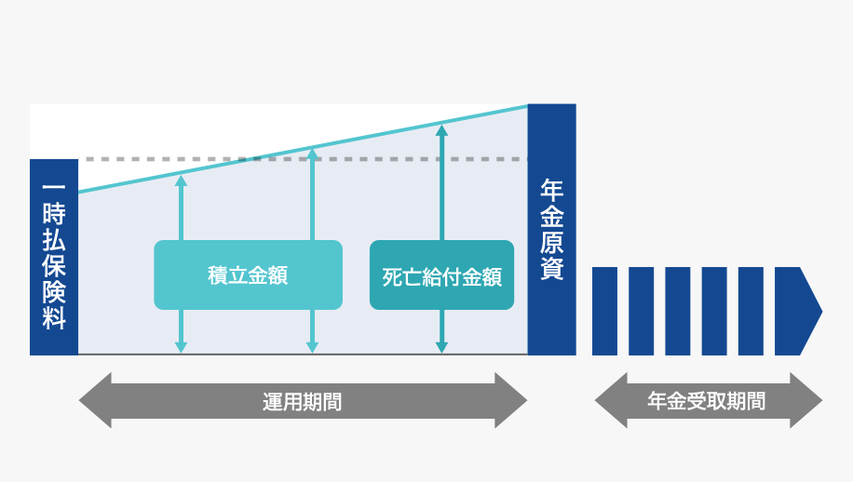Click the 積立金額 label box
tap(248, 275)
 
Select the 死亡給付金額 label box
tap(441, 275)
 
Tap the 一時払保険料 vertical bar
tap(54, 257)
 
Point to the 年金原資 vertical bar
tap(551, 229)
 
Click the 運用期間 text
tap(302, 402)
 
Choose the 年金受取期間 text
tap(707, 402)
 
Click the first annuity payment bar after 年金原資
tap(604, 311)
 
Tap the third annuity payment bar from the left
tap(678, 311)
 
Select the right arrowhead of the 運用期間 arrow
tap(511, 401)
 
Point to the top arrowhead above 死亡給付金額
tap(441, 130)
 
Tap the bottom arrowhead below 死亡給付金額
tap(441, 347)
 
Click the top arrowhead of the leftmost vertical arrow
tap(181, 180)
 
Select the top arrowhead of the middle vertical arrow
tap(312, 154)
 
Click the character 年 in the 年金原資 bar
tap(551, 190)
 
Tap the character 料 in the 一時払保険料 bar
tap(54, 318)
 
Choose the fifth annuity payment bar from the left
tap(751, 311)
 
